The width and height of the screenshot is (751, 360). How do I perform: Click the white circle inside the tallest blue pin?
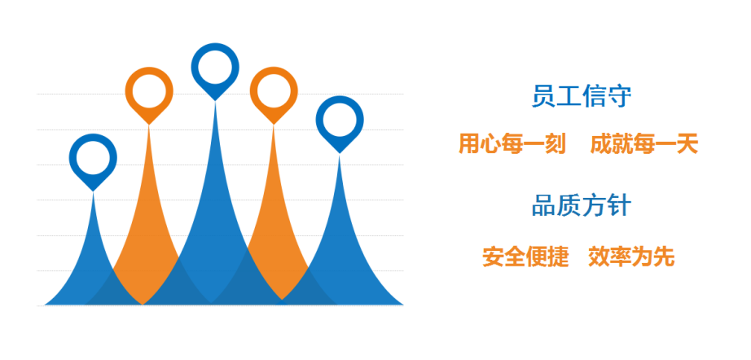click(215, 67)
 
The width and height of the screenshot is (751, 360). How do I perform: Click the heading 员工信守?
click(581, 97)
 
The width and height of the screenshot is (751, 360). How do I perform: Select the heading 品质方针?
click(581, 206)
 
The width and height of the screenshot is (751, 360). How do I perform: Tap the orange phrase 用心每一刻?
click(512, 143)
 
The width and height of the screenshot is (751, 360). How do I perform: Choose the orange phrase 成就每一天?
click(644, 143)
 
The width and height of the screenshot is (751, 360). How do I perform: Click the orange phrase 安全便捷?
click(525, 257)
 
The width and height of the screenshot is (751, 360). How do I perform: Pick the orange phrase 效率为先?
click(632, 257)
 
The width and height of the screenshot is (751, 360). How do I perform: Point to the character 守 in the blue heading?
click(619, 97)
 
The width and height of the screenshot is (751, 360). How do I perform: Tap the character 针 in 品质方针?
click(619, 206)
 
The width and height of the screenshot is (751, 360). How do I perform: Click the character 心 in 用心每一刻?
click(491, 143)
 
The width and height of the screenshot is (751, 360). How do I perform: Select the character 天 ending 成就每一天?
click(687, 143)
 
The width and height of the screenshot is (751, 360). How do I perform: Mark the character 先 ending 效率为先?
click(665, 257)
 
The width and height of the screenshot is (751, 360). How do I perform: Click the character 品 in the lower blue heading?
click(543, 206)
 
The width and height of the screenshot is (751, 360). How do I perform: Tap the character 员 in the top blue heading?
click(543, 97)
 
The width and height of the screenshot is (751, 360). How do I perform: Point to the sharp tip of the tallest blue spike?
click(215, 103)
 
